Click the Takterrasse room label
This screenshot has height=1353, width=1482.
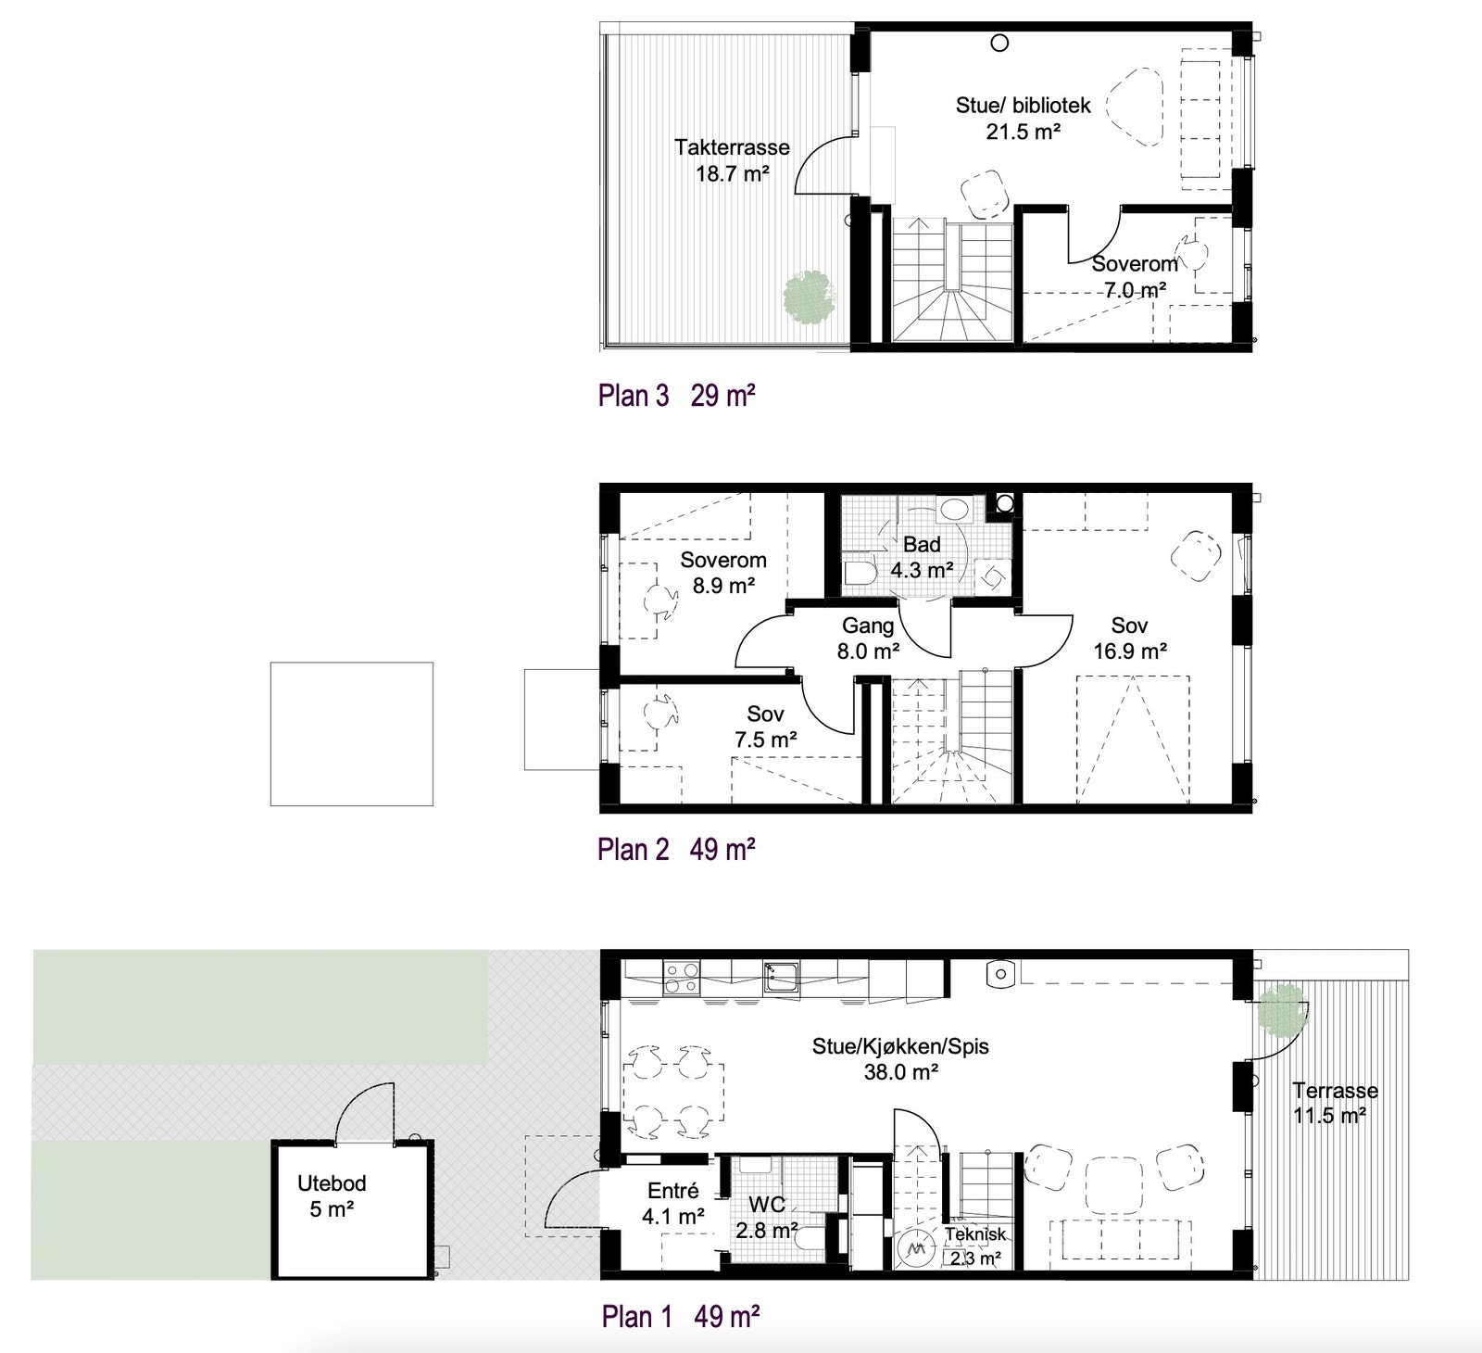coord(732,159)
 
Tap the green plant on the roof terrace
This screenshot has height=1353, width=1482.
coord(810,296)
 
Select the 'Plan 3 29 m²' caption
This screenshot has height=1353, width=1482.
coord(676,396)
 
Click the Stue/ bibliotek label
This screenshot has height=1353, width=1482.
coord(1023,118)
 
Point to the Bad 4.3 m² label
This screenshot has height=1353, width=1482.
coord(922,557)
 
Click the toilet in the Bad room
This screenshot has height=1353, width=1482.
coord(860,573)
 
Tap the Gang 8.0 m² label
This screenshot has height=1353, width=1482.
coord(868,639)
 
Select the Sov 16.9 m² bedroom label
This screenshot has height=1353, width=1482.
coord(1129,639)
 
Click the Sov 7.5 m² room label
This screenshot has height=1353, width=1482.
coord(765,727)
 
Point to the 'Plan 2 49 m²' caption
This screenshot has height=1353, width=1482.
coord(676,849)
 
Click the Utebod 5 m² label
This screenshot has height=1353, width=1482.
coord(332,1195)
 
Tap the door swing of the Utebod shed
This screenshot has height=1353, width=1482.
coord(363,1112)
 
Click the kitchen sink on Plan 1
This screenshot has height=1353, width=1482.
coord(781,975)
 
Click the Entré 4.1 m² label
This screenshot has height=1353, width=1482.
coord(673,1203)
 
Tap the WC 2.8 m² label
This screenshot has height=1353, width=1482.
coord(767,1217)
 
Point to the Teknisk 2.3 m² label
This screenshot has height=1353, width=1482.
coord(974,1246)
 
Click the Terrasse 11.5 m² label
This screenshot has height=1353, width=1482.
coord(1335,1102)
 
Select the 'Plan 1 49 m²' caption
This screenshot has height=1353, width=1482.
coord(681,1316)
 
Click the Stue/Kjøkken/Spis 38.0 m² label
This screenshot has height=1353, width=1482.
coord(900,1058)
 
